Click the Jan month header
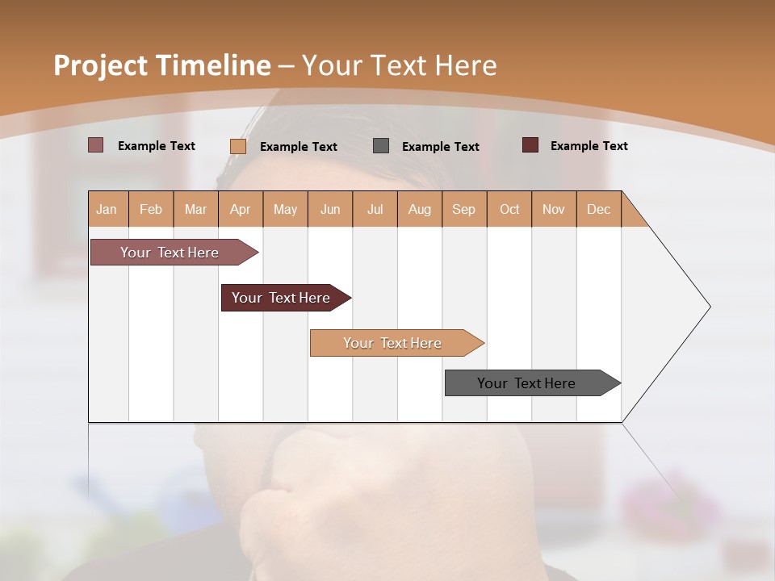click(x=107, y=209)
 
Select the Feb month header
click(x=151, y=209)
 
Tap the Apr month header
click(x=241, y=209)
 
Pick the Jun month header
click(x=330, y=209)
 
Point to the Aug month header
click(x=420, y=209)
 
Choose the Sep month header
click(x=464, y=209)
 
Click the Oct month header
click(x=509, y=209)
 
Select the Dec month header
click(x=599, y=209)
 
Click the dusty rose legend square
click(x=95, y=145)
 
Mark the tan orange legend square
click(x=237, y=146)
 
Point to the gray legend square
click(x=381, y=146)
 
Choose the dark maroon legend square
click(x=530, y=145)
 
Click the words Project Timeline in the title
click(x=161, y=65)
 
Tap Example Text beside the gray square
click(x=441, y=147)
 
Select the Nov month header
click(x=554, y=209)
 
